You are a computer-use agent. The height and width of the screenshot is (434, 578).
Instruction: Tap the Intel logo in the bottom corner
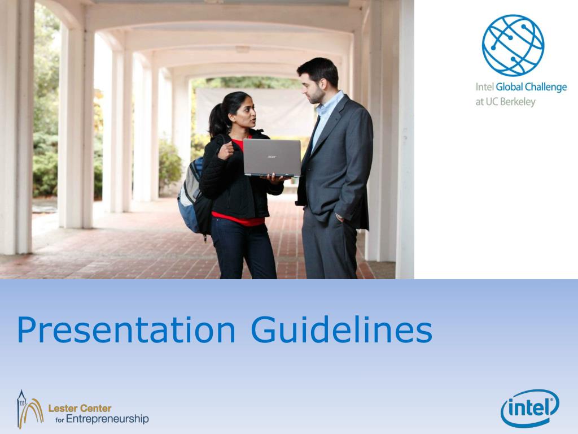[529, 407]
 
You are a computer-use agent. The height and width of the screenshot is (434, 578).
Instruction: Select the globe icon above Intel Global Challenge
[513, 45]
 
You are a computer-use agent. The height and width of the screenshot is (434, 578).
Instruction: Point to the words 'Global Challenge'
[531, 88]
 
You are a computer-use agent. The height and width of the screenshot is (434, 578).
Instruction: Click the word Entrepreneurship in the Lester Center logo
[107, 419]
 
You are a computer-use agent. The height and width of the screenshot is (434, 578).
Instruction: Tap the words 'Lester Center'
[80, 408]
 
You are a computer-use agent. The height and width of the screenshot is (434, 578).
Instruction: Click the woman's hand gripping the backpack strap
[226, 149]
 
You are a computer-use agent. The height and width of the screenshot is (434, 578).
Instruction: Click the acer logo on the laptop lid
[272, 156]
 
